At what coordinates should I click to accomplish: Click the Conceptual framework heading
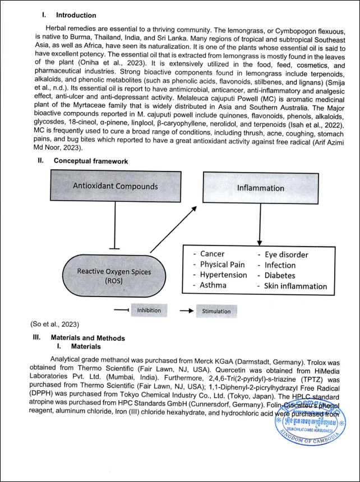pyautogui.click(x=91, y=161)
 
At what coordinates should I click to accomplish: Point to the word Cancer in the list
pyautogui.click(x=213, y=254)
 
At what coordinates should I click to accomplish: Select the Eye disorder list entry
pyautogui.click(x=286, y=254)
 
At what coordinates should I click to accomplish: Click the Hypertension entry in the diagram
pyautogui.click(x=223, y=275)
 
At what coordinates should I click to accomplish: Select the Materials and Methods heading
pyautogui.click(x=87, y=338)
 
